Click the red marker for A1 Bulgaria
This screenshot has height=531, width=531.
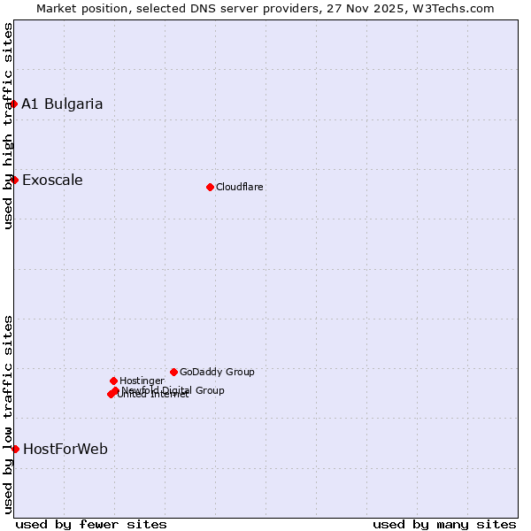14,104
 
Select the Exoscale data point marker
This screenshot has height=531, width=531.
14,181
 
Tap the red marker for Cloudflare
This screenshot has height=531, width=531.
210,187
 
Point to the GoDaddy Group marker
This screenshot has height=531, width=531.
173,373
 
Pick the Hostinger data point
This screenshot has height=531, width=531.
113,381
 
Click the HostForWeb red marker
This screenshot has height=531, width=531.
15,450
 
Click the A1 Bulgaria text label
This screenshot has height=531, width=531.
62,104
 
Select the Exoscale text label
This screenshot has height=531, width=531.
52,181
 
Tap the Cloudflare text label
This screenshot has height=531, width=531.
239,187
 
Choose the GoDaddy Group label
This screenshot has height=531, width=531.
217,373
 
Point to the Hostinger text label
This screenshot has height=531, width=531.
142,381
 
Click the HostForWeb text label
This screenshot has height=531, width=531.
65,450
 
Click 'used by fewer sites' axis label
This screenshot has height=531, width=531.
91,524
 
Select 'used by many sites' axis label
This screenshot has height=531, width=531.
444,524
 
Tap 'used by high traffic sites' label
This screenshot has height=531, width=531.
8,127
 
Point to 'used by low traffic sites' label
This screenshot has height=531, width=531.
8,414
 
